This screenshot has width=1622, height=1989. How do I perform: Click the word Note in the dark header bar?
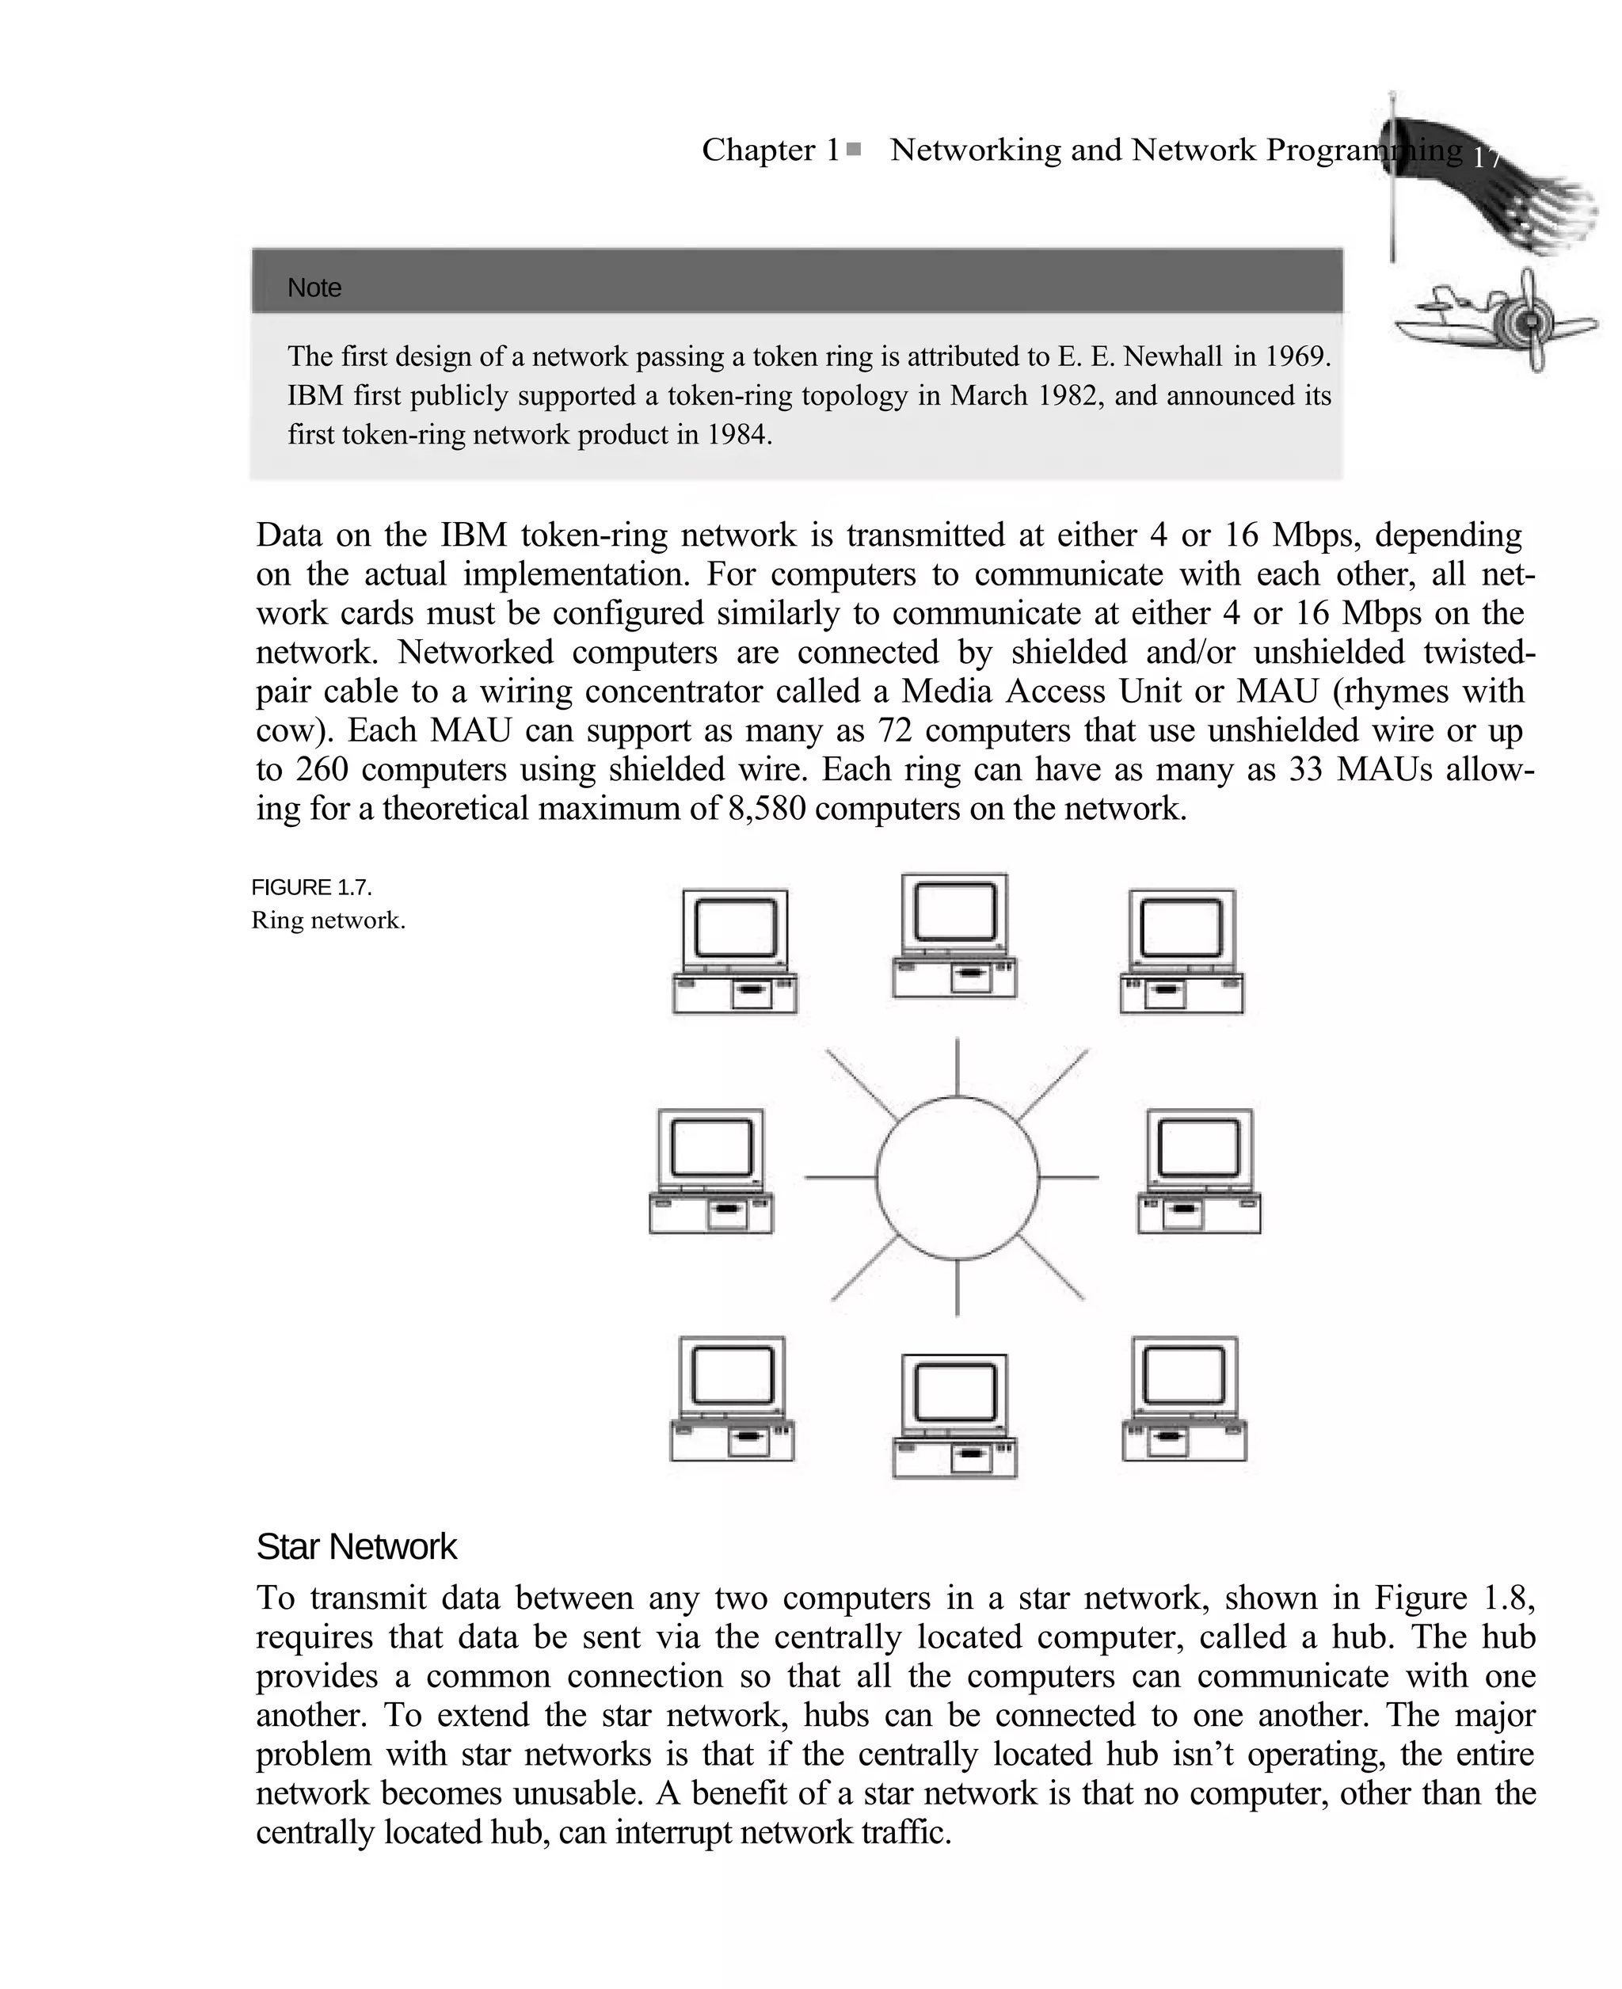click(314, 288)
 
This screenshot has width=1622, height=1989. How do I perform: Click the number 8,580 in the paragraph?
click(766, 808)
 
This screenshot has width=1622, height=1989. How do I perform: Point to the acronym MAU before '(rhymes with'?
click(1277, 691)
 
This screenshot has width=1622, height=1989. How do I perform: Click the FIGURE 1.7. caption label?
click(311, 886)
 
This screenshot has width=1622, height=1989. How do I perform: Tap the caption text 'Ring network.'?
click(328, 920)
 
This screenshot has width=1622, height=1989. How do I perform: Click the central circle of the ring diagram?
click(957, 1177)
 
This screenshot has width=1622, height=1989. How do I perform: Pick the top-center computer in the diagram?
click(954, 936)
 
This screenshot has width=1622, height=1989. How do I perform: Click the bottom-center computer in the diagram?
click(954, 1416)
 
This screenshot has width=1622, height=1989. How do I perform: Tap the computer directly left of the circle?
click(711, 1172)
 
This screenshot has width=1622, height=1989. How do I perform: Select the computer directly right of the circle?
click(1199, 1172)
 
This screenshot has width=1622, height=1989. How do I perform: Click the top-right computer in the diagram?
click(1182, 951)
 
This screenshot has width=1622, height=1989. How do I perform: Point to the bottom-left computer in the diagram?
click(733, 1399)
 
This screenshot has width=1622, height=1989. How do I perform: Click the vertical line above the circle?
click(957, 1067)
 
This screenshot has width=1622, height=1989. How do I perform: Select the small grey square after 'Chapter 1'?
click(853, 149)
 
